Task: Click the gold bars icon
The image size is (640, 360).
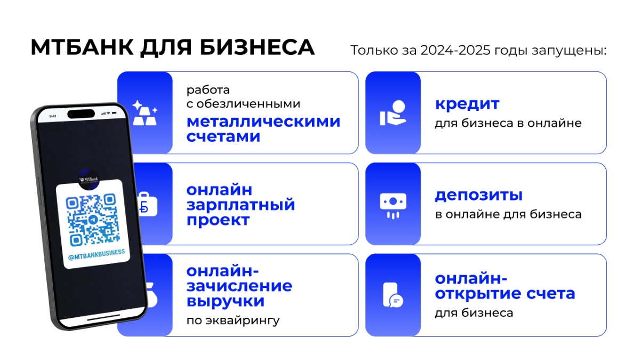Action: (x=145, y=113)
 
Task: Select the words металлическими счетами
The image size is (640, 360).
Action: (x=263, y=129)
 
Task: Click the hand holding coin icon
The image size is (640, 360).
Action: (x=393, y=113)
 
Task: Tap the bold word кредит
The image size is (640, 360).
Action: (x=467, y=103)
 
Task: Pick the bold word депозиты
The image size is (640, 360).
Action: (x=478, y=195)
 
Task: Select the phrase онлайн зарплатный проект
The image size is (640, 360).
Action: (x=241, y=205)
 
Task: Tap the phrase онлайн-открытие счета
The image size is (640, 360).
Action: (x=505, y=286)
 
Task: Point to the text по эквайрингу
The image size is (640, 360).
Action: (x=233, y=321)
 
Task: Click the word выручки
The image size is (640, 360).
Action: (x=225, y=301)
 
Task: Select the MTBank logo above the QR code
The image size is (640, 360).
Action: (x=89, y=177)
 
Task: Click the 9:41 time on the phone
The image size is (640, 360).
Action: (x=53, y=116)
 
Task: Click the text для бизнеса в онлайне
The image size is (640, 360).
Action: (x=507, y=124)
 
